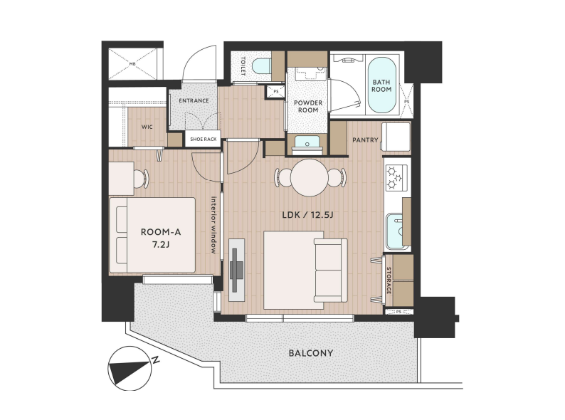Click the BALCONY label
310,353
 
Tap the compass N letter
156,359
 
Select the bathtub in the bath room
381,86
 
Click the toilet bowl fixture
262,67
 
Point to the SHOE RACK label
204,139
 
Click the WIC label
147,127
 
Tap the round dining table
310,178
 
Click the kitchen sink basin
396,231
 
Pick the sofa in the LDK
330,271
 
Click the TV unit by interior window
237,270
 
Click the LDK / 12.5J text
307,215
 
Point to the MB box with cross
132,64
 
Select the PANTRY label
365,140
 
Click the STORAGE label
389,280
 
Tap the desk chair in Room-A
141,178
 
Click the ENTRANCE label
194,100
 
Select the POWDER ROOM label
308,106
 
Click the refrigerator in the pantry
396,137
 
